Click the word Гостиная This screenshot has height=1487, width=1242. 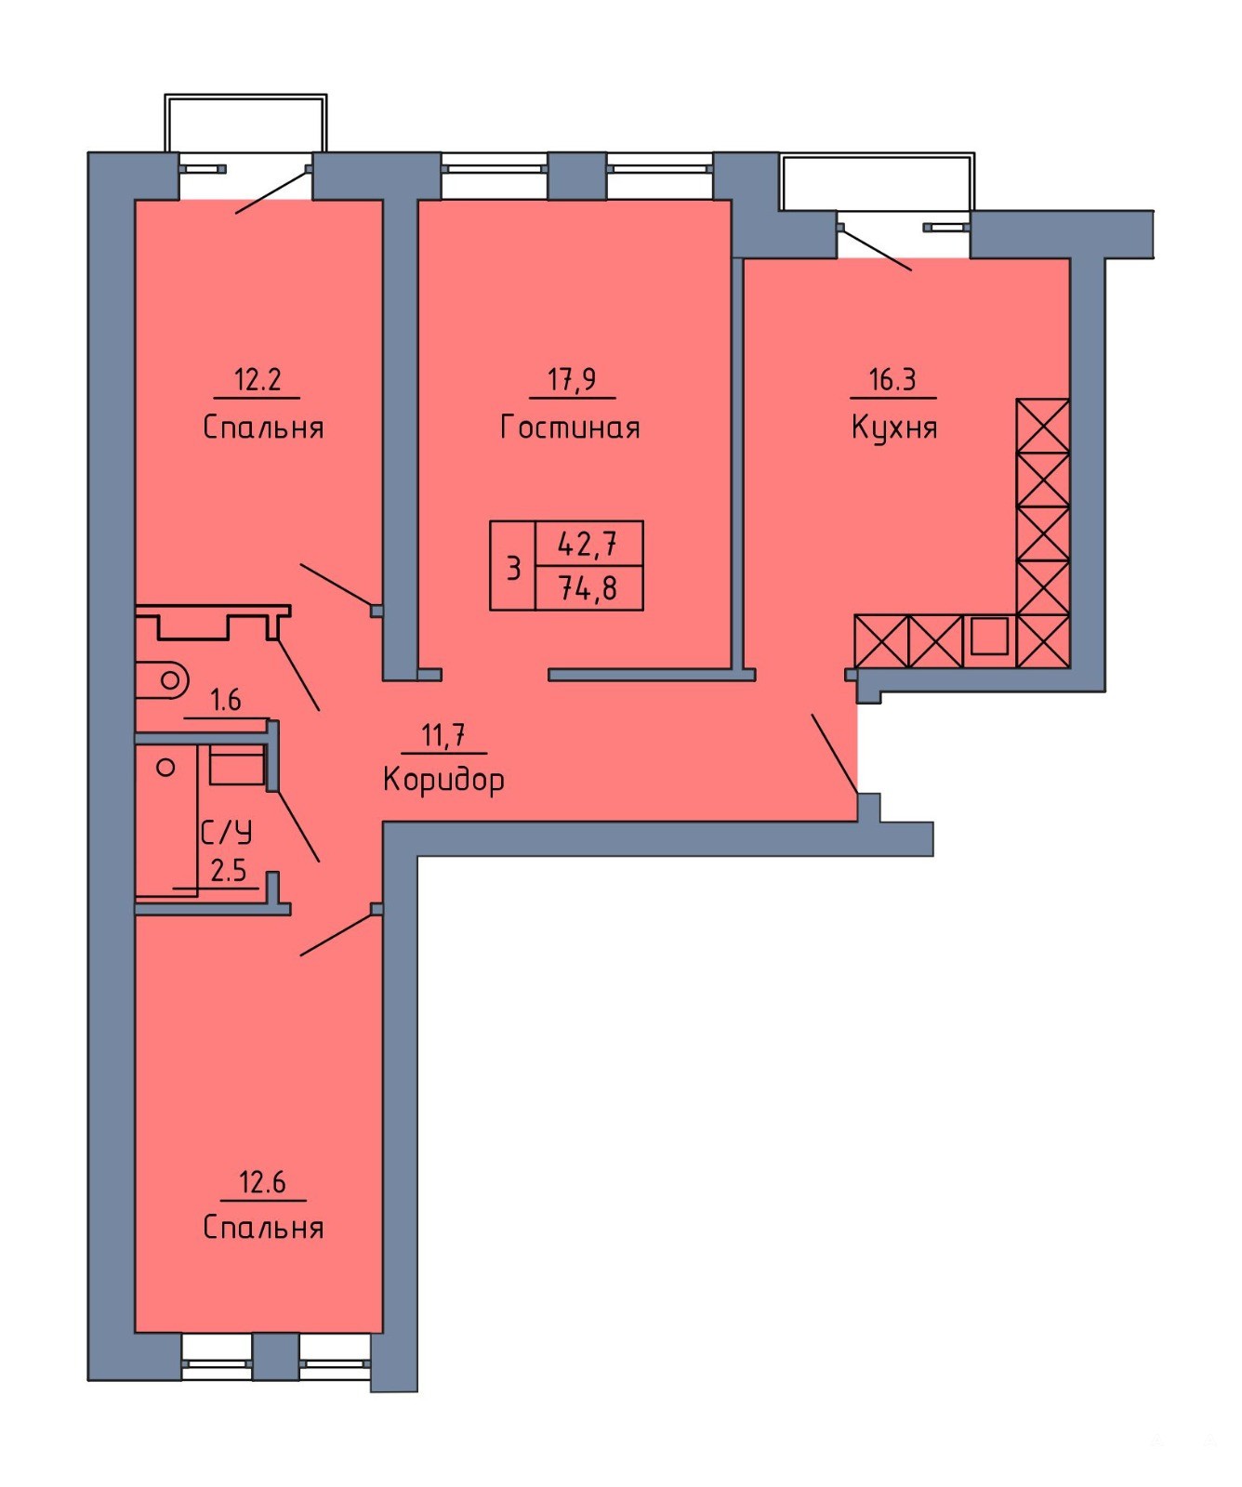(x=570, y=427)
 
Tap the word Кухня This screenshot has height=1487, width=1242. (x=893, y=428)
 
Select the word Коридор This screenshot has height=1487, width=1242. (x=443, y=779)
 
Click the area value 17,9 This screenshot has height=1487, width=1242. (x=572, y=379)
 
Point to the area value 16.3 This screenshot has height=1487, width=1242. (x=892, y=379)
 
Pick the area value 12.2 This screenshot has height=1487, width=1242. (x=258, y=379)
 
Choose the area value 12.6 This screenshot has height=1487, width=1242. (x=262, y=1182)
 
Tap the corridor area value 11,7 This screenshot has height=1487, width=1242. (x=443, y=735)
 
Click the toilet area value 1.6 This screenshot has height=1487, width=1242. (x=226, y=699)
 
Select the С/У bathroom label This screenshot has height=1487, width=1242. (x=226, y=831)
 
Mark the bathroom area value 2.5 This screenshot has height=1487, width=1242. (x=229, y=870)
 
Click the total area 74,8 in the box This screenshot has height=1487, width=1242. (x=588, y=588)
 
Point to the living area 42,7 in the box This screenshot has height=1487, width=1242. (x=588, y=543)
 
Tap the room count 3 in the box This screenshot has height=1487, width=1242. (x=513, y=567)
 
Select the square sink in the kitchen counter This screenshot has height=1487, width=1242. (x=989, y=637)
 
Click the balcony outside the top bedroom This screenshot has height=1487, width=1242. (x=246, y=122)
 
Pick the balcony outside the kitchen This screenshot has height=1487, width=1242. (x=878, y=182)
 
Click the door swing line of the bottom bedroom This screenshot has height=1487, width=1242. (x=339, y=933)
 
